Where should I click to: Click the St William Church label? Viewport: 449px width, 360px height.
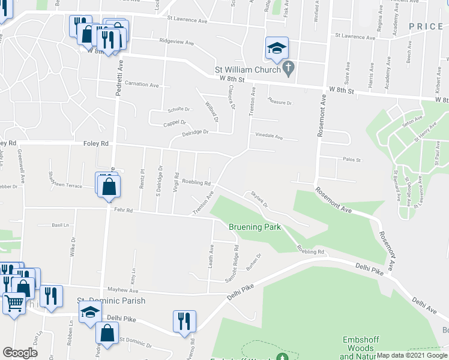click(248, 70)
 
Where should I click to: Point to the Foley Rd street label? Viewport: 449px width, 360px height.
click(96, 143)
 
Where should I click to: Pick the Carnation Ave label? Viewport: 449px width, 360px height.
click(142, 85)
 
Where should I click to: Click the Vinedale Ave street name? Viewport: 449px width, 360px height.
click(269, 136)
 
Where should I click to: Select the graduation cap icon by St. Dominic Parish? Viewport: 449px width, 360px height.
click(90, 313)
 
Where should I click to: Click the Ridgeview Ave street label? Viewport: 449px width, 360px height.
click(176, 43)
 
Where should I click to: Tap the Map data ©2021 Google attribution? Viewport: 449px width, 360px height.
click(412, 355)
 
